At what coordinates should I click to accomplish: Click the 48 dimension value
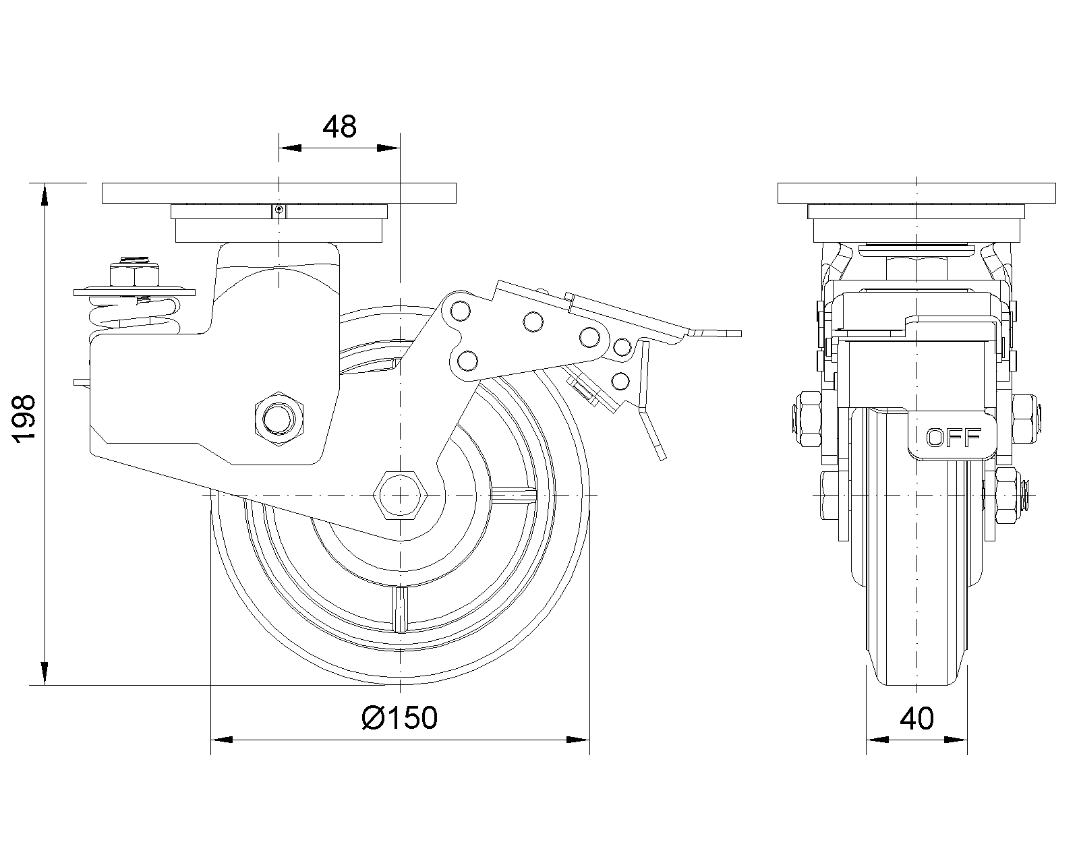click(x=339, y=126)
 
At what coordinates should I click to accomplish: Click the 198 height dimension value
click(x=24, y=419)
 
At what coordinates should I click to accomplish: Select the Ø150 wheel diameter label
click(x=400, y=717)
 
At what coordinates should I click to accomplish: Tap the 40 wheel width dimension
click(x=916, y=719)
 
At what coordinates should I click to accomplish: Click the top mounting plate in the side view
click(x=279, y=192)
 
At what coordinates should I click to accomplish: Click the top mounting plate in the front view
click(x=916, y=192)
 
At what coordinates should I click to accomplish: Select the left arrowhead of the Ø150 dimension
click(x=223, y=740)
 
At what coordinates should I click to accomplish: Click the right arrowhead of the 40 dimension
click(x=958, y=740)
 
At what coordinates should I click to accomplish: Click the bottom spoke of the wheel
click(x=401, y=607)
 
